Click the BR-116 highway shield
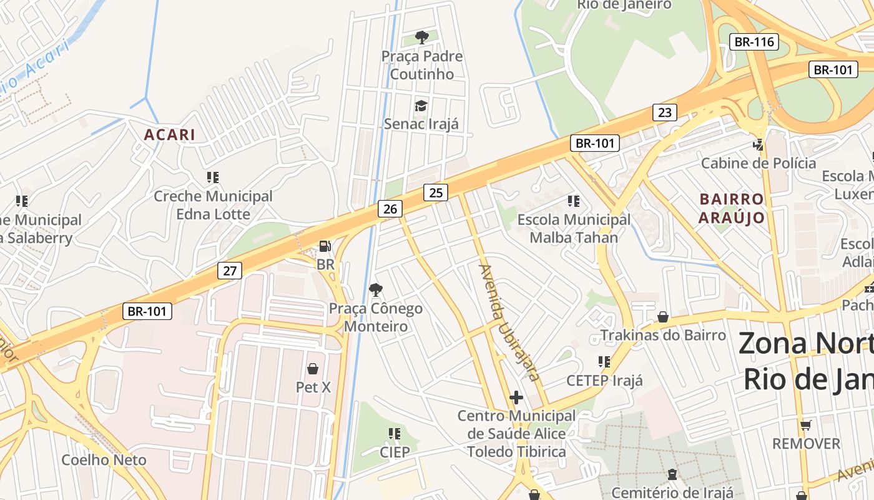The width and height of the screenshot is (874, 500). click(754, 42)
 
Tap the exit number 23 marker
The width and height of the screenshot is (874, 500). click(665, 112)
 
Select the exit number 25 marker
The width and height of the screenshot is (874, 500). click(436, 192)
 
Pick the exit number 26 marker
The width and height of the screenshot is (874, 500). click(390, 209)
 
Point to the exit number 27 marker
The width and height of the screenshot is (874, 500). click(230, 271)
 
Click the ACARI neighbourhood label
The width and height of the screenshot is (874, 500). click(170, 134)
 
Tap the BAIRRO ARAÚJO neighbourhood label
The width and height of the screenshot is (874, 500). click(731, 208)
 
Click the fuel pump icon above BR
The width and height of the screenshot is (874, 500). click(325, 246)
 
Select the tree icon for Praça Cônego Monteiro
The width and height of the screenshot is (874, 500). click(375, 289)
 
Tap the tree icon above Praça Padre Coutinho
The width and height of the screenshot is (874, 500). click(422, 37)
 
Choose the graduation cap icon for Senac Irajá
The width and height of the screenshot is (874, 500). click(421, 105)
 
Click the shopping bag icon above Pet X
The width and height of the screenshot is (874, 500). click(313, 369)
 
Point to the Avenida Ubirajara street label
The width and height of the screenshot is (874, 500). click(509, 322)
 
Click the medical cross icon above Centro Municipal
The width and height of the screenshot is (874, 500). click(516, 397)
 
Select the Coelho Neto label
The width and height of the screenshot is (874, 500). click(104, 460)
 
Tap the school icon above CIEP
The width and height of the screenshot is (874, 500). click(395, 433)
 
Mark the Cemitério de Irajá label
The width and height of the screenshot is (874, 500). click(670, 492)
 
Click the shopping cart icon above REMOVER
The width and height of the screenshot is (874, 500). click(806, 425)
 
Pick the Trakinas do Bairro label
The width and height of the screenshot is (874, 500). click(663, 335)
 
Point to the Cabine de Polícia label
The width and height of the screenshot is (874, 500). click(759, 163)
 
